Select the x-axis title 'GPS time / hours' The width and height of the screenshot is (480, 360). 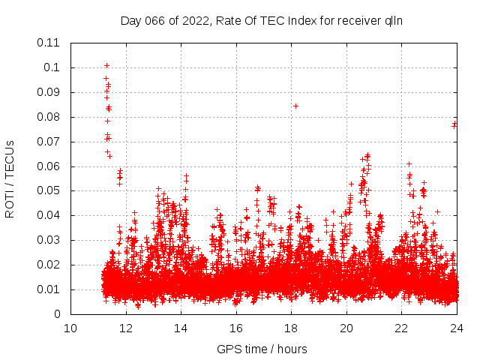tap(262, 349)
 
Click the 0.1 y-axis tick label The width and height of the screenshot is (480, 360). tap(54, 67)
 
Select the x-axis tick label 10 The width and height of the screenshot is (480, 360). tap(70, 328)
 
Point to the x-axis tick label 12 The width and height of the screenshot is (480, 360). tap(126, 328)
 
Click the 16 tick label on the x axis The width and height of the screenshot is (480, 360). tap(236, 328)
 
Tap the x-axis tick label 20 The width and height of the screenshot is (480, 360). tap(346, 328)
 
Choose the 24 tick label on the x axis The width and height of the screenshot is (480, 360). tap(457, 328)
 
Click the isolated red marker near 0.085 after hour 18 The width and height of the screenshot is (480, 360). tap(295, 106)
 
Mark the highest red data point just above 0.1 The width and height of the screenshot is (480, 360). tap(106, 65)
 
